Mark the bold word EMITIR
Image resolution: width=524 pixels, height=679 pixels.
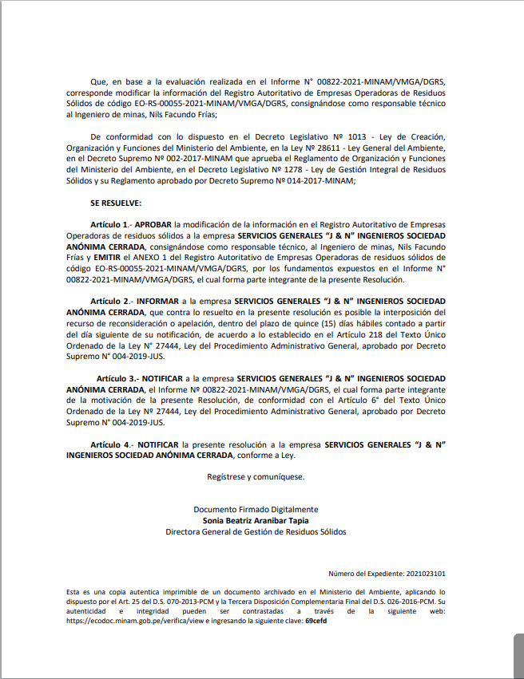click(x=107, y=259)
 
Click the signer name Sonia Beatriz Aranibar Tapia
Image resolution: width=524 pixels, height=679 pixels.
click(x=256, y=520)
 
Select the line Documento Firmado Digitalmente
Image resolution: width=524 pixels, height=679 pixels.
click(x=256, y=509)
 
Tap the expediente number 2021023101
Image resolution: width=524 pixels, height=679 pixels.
click(x=426, y=574)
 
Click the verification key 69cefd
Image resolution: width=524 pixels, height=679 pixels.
click(x=316, y=621)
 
